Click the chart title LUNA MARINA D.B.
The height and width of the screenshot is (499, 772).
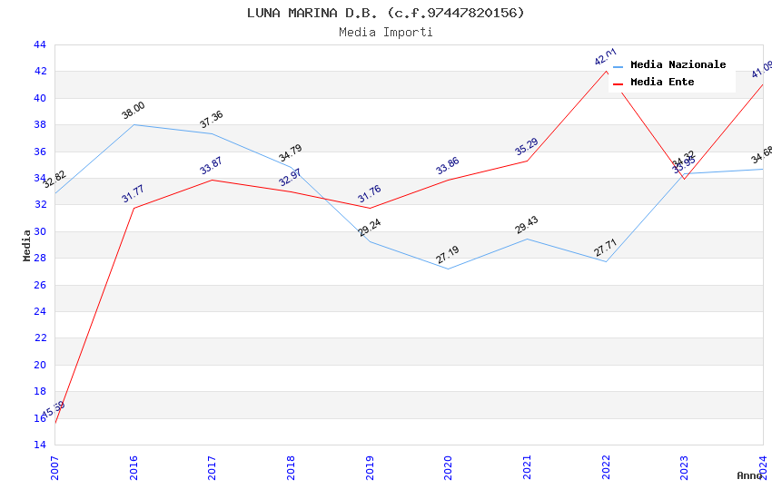tap(386, 13)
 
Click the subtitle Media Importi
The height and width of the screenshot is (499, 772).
tap(386, 32)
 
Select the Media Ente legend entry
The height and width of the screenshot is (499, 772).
tap(662, 82)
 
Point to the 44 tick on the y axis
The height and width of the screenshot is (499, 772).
tap(39, 44)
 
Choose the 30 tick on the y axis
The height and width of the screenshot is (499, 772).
tap(39, 231)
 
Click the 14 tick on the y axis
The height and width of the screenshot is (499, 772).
tap(39, 445)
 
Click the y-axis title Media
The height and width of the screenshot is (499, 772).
tap(26, 244)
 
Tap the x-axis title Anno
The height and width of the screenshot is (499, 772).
tap(748, 475)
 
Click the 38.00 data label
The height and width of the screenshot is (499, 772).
tap(134, 111)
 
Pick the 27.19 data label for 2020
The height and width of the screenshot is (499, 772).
tap(447, 255)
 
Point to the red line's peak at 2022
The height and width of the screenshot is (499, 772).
tap(606, 71)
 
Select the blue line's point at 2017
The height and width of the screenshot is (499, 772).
tap(212, 133)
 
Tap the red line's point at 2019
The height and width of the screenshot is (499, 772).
tap(370, 208)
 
